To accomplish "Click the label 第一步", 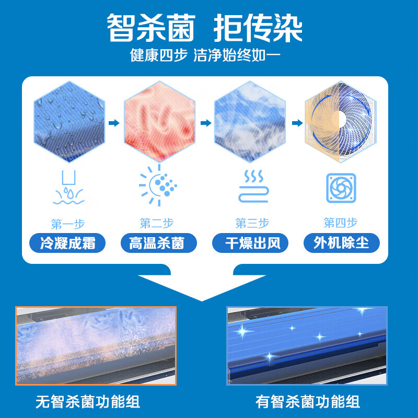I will pyautogui.click(x=68, y=224).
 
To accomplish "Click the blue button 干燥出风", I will pyautogui.click(x=250, y=243).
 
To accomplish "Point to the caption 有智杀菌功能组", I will pyautogui.click(x=308, y=402).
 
